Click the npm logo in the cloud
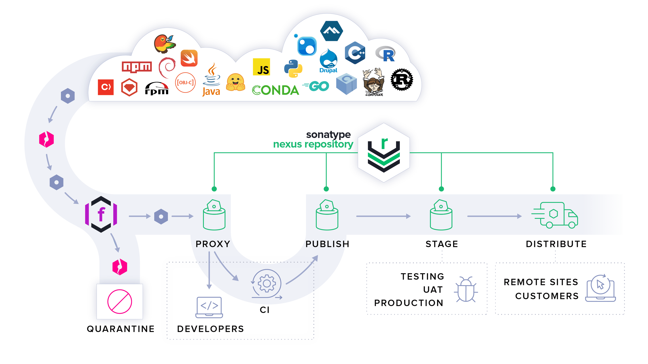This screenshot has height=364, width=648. click(137, 67)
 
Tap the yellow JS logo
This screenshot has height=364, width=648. click(261, 67)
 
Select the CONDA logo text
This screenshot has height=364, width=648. click(275, 90)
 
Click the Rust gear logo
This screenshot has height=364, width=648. click(402, 80)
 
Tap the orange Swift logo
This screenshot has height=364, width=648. click(189, 58)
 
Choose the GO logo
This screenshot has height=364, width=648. click(316, 86)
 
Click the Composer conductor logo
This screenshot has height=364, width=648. click(374, 82)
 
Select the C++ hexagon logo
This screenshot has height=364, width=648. click(355, 53)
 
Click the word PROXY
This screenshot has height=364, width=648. click(213, 244)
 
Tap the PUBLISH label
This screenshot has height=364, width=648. click(327, 244)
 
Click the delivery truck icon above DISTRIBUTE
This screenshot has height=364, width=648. click(555, 215)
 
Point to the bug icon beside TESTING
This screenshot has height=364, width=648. click(466, 289)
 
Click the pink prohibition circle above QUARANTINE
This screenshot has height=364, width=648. click(119, 301)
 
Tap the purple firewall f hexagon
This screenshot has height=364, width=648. click(101, 214)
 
